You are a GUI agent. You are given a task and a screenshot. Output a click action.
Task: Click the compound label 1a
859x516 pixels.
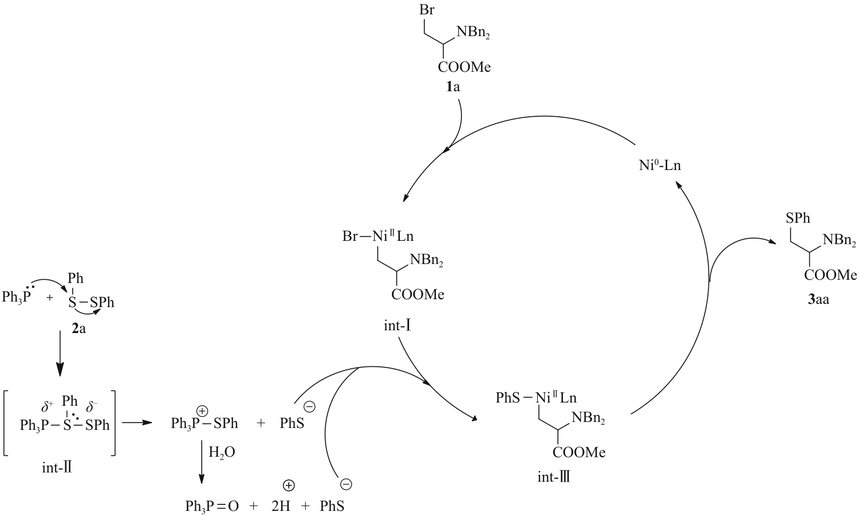click(453, 87)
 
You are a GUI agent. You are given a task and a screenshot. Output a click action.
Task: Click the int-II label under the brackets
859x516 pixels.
click(57, 468)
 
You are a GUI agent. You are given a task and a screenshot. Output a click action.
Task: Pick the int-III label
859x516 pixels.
click(554, 477)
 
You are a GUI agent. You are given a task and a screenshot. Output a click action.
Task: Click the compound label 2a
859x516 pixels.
click(78, 330)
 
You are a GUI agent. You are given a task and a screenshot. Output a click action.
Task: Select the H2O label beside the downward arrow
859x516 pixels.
click(221, 453)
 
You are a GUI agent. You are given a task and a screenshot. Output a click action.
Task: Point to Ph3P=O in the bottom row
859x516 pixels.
click(212, 506)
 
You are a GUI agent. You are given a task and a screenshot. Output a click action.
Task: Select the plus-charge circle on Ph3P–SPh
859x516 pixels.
click(202, 410)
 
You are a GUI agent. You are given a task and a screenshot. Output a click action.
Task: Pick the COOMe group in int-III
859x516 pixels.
click(579, 453)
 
